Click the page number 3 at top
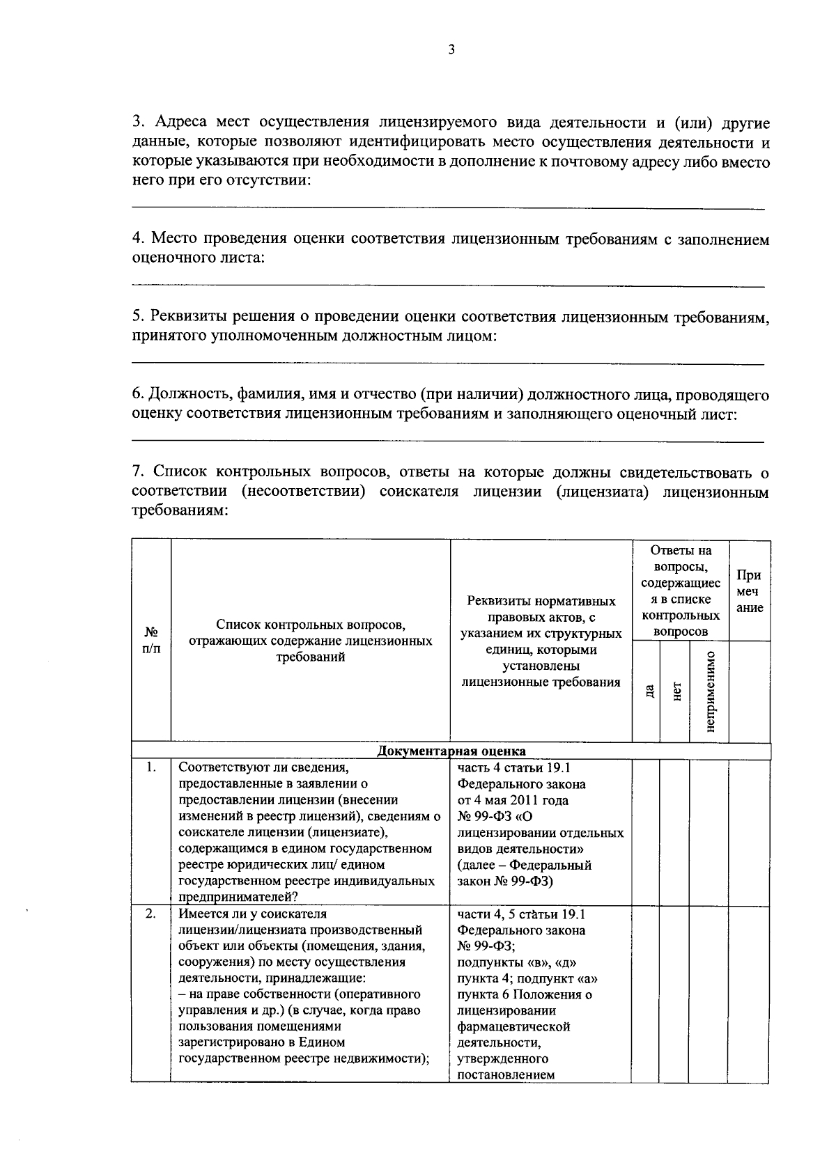(x=451, y=49)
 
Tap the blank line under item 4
(x=448, y=285)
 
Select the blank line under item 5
(x=448, y=363)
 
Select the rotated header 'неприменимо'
(x=710, y=691)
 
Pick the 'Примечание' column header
(x=750, y=591)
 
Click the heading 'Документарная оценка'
(x=451, y=751)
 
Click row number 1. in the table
(x=150, y=768)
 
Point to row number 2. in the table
(x=150, y=914)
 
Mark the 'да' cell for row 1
(x=645, y=831)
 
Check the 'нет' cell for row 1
(x=674, y=831)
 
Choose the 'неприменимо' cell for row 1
(x=709, y=831)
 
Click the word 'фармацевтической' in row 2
(x=513, y=1026)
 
